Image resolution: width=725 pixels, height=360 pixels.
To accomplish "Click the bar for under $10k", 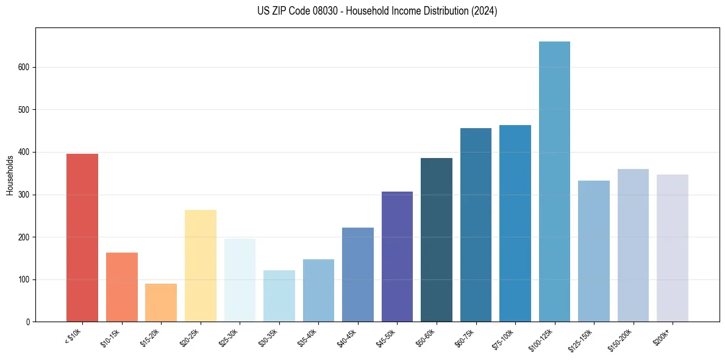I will (82, 238).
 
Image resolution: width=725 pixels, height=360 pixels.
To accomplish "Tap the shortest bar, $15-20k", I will (161, 303).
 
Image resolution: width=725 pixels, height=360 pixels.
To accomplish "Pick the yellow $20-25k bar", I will (201, 266).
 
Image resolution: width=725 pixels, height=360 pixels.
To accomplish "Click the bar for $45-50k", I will (397, 257).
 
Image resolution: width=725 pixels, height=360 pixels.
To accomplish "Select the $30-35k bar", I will (279, 296).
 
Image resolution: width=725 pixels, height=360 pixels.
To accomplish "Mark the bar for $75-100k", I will (515, 223).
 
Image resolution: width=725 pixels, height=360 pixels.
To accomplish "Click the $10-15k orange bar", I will (122, 287).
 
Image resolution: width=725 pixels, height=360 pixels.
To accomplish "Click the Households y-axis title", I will (10, 175).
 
